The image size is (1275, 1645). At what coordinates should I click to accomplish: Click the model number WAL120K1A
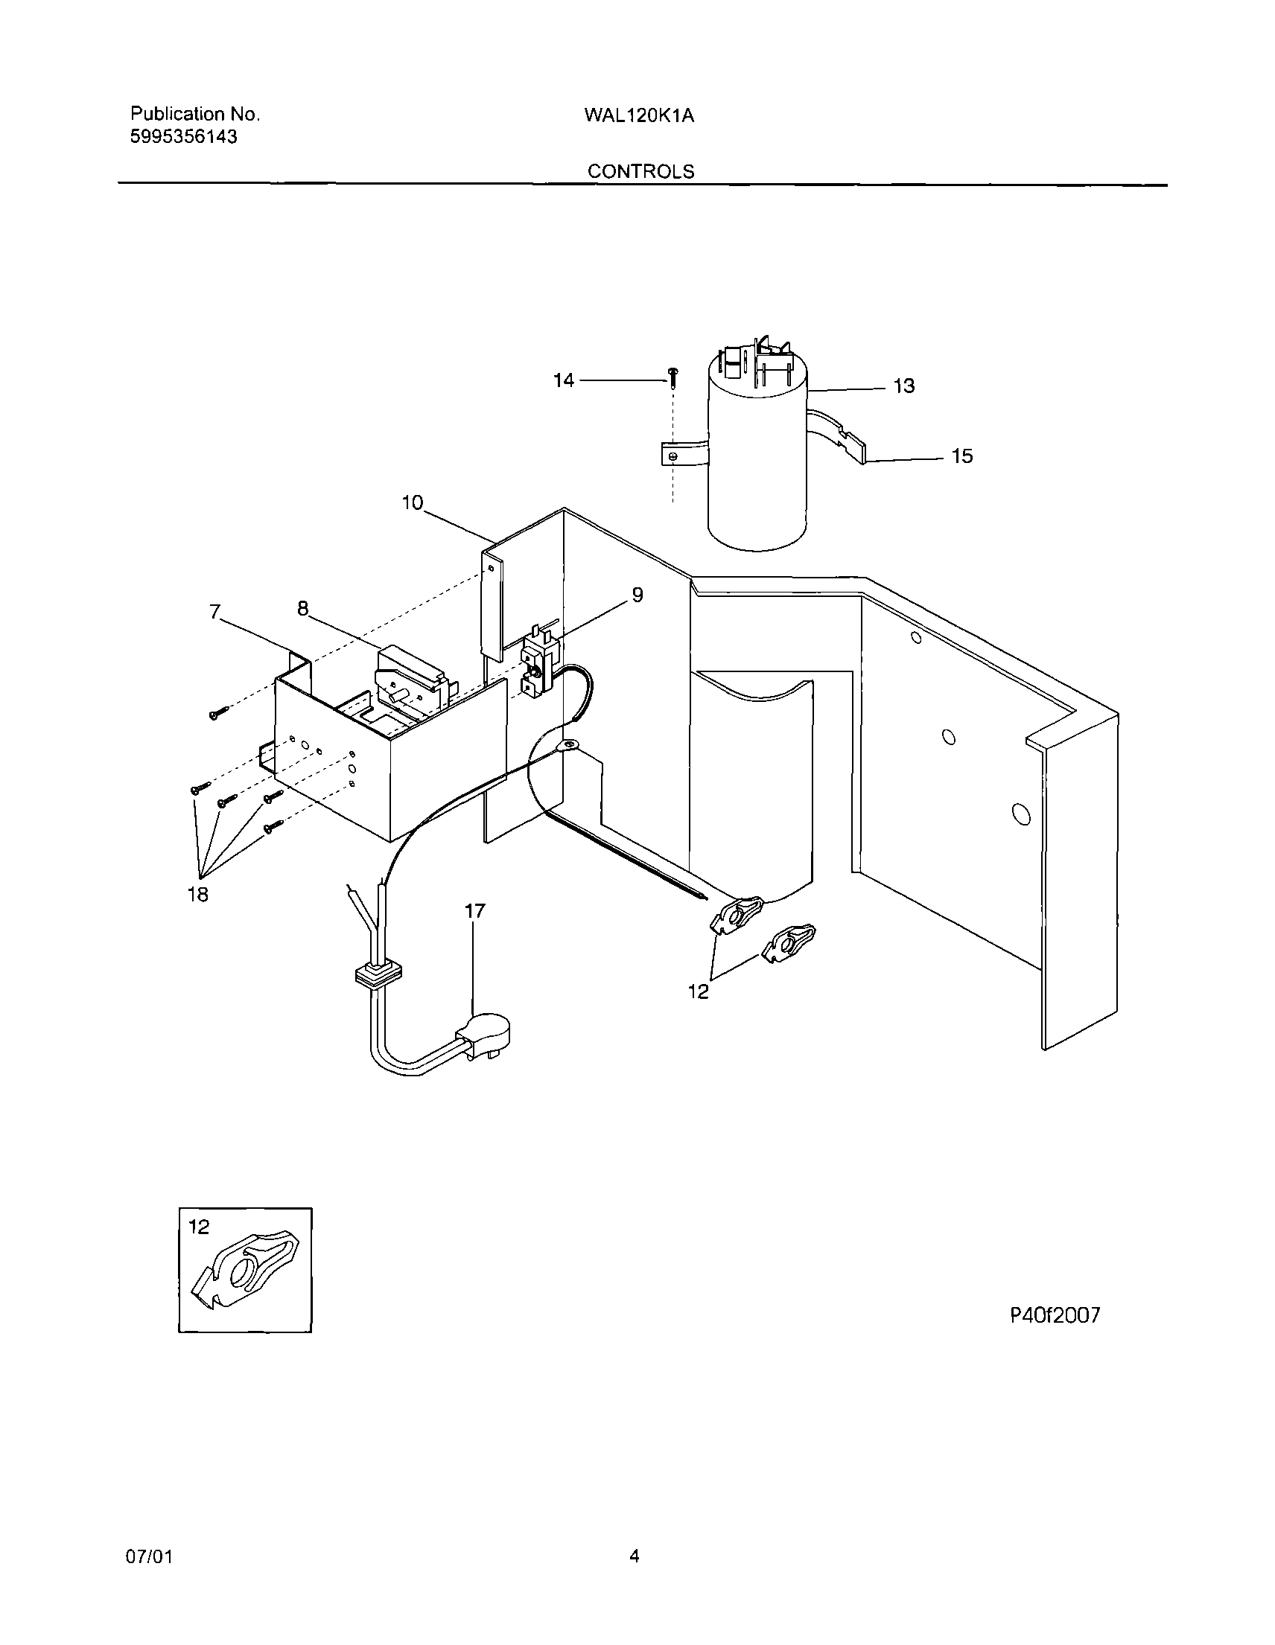click(638, 115)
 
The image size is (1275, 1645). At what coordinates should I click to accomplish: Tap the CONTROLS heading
click(640, 172)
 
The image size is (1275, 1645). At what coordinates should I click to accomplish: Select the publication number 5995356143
click(184, 137)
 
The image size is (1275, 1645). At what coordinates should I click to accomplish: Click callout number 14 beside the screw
click(563, 380)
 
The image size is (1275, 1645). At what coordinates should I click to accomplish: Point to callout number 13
click(903, 386)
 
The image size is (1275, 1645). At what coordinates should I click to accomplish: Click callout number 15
click(961, 456)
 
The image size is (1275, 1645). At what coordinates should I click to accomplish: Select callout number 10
click(412, 502)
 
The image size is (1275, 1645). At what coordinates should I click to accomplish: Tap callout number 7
click(214, 613)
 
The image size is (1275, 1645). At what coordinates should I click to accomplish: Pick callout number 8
click(302, 609)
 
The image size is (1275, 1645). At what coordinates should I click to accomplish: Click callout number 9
click(637, 595)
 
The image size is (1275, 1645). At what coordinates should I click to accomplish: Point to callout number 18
click(197, 895)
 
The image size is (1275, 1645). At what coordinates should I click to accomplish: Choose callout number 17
click(474, 911)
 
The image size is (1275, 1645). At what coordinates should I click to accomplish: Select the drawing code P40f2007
click(1055, 1315)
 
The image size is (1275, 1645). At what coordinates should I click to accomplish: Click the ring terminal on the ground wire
click(567, 747)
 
